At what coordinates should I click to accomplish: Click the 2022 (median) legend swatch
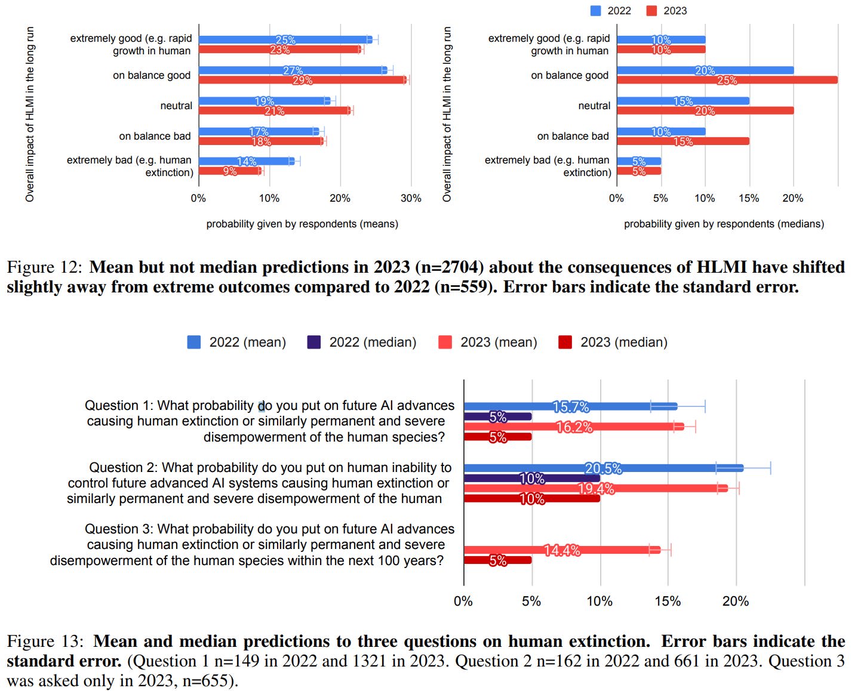tap(313, 342)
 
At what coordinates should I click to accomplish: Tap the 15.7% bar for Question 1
tap(570, 406)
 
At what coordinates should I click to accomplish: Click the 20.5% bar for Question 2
tap(603, 468)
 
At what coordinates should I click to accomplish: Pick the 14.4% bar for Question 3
tap(562, 550)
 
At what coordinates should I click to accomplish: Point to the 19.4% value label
tap(596, 489)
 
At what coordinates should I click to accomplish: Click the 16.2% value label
tap(574, 427)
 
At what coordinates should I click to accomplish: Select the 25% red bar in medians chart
tap(727, 80)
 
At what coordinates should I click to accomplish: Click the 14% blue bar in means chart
tap(246, 161)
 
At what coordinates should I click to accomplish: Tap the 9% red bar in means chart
tap(230, 171)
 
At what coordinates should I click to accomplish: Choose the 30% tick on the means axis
tap(411, 198)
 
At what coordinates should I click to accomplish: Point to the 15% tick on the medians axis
tap(749, 198)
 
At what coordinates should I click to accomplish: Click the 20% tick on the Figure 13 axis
tap(736, 601)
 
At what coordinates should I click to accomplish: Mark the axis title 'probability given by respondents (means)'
tap(302, 224)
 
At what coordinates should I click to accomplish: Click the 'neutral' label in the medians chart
tap(594, 106)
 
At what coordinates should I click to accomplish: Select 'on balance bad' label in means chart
tap(155, 136)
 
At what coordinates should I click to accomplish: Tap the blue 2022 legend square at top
tap(596, 11)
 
